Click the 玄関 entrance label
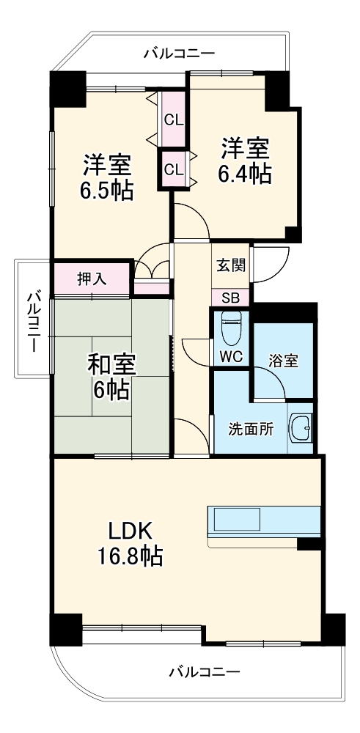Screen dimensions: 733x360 coord(229,265)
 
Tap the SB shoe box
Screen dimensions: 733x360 coord(229,298)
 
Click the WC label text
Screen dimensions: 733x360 coord(230,357)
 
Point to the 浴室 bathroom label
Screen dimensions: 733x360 coord(283,360)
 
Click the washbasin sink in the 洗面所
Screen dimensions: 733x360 coord(301,427)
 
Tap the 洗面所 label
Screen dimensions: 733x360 coord(250,429)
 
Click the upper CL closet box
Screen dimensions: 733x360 coord(174,119)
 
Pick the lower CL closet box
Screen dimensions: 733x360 coord(173,169)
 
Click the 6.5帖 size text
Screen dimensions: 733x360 coord(107,191)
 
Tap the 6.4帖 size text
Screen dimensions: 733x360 coord(245,174)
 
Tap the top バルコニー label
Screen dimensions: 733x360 coord(179,53)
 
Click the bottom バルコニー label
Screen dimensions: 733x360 coord(204,671)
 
